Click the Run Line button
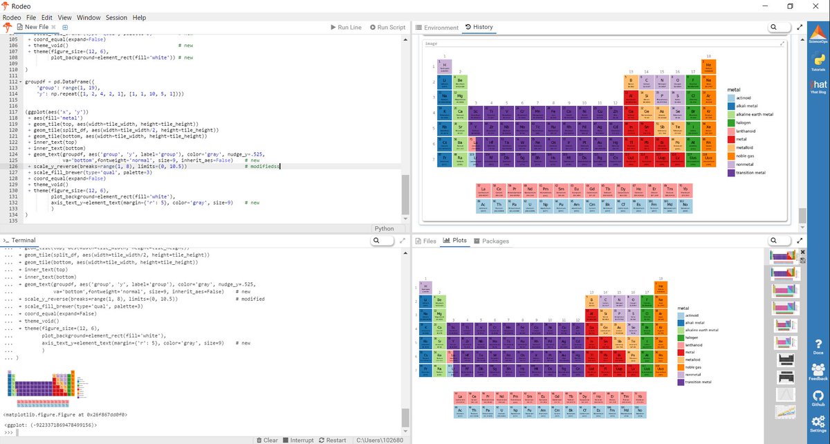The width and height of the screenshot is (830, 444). (x=346, y=27)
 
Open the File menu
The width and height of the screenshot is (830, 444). (x=32, y=17)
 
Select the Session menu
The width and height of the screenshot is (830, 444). (x=116, y=17)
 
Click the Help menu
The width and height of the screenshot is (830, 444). (x=139, y=17)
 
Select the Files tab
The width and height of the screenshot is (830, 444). (x=425, y=241)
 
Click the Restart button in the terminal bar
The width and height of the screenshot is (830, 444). (x=332, y=440)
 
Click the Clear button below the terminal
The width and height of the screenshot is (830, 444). (x=266, y=440)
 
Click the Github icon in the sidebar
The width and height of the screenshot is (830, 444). (x=818, y=396)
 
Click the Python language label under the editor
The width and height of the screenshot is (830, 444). (x=384, y=228)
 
